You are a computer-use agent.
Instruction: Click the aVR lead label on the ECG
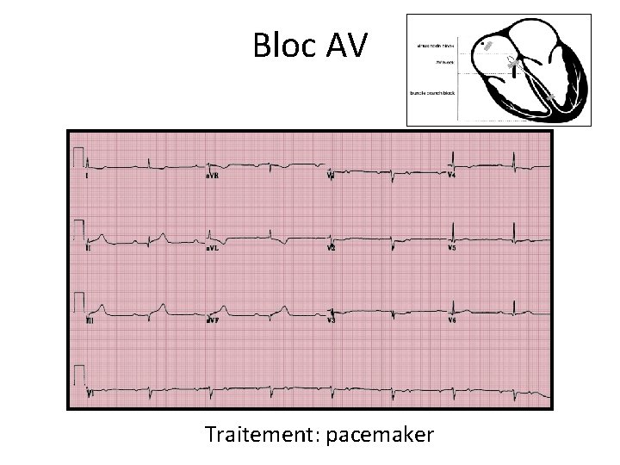pos(212,175)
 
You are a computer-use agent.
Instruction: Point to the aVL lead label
pos(212,247)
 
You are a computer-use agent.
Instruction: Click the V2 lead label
pos(332,247)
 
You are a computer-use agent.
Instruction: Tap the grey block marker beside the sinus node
pos(488,45)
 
